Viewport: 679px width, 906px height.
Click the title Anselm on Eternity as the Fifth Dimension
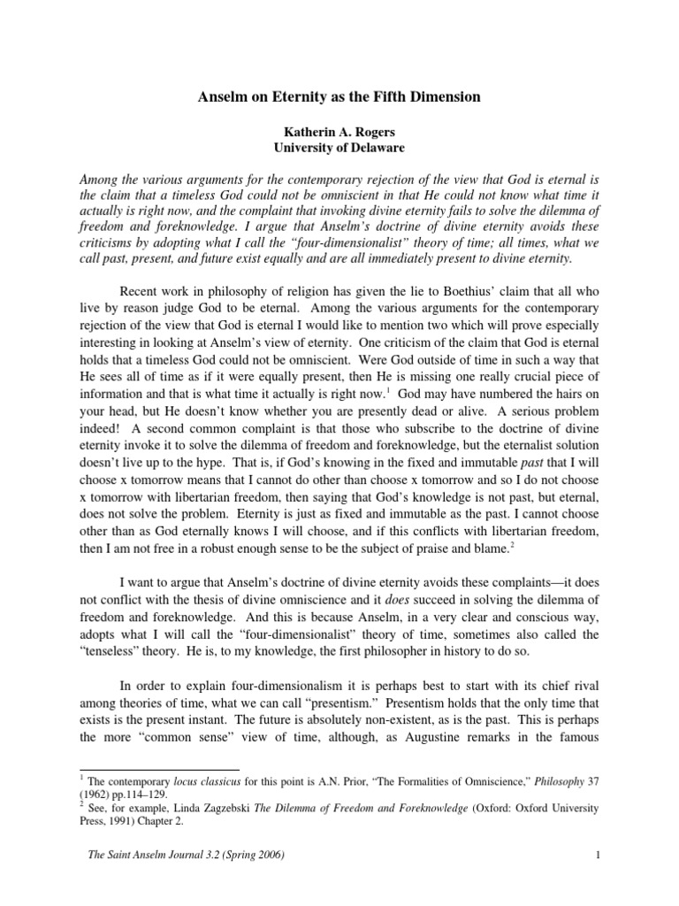[x=339, y=96]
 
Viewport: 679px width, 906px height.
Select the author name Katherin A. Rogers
[x=339, y=133]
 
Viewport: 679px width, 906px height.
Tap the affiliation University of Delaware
[x=339, y=149]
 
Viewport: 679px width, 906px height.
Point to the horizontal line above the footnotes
[x=159, y=770]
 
